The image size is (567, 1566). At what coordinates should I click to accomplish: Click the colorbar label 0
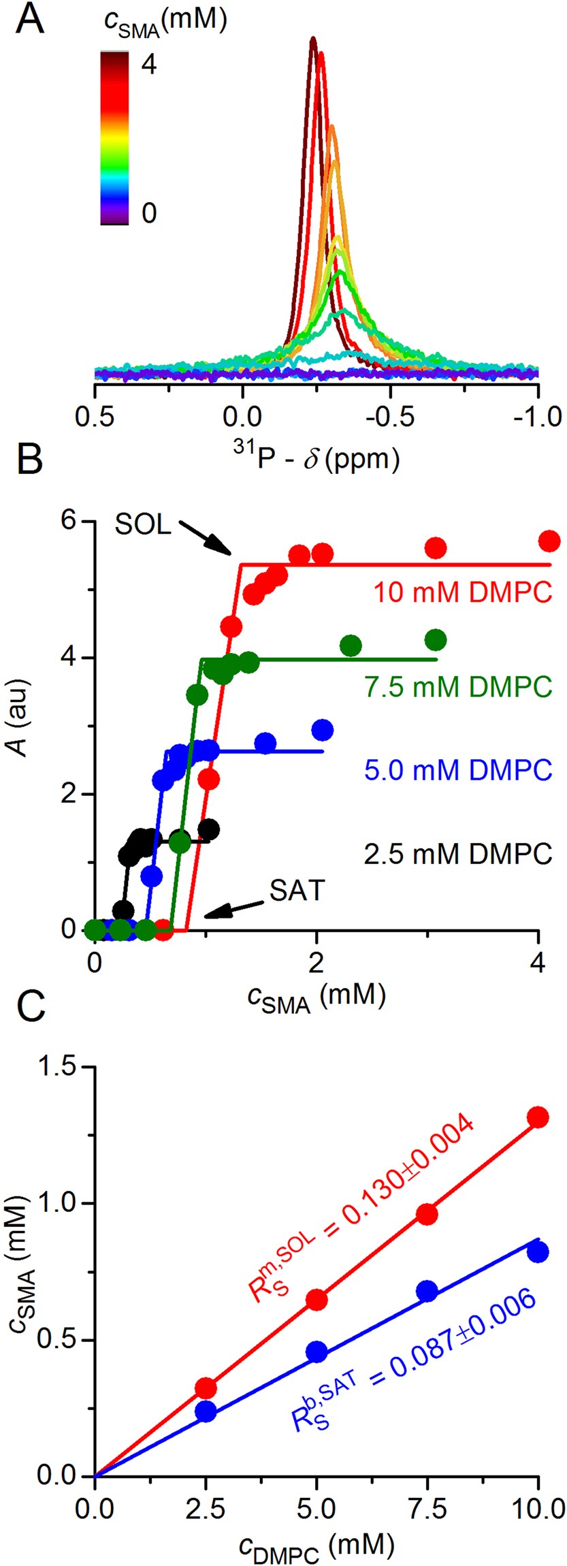(148, 212)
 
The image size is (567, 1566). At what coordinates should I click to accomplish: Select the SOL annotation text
(144, 525)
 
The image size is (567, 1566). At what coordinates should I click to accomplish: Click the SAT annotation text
(297, 891)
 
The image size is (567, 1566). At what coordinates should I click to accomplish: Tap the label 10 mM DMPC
(462, 592)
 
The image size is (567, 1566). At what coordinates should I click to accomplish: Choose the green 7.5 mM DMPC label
(458, 687)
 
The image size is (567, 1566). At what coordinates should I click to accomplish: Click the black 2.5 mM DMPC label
(458, 853)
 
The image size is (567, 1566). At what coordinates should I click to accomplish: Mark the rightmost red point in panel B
(549, 541)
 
